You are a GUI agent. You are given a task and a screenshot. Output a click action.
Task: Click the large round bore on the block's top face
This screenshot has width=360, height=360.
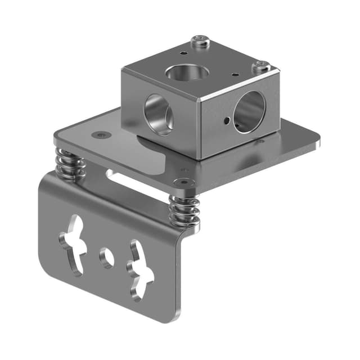pyautogui.click(x=187, y=71)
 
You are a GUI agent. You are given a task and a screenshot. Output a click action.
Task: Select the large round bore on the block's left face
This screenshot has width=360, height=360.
pyautogui.click(x=158, y=114)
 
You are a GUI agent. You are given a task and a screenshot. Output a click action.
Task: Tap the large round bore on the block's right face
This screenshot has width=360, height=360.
pyautogui.click(x=249, y=112)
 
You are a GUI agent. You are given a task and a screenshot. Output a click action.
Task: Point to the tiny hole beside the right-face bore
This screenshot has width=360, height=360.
pyautogui.click(x=226, y=120)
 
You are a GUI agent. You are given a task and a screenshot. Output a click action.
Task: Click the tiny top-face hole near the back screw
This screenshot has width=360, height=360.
pyautogui.click(x=183, y=54)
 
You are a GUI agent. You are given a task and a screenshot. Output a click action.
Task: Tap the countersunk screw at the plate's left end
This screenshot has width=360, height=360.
pyautogui.click(x=101, y=135)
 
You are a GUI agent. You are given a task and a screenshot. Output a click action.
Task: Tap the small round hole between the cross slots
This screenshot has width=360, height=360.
pyautogui.click(x=106, y=257)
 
